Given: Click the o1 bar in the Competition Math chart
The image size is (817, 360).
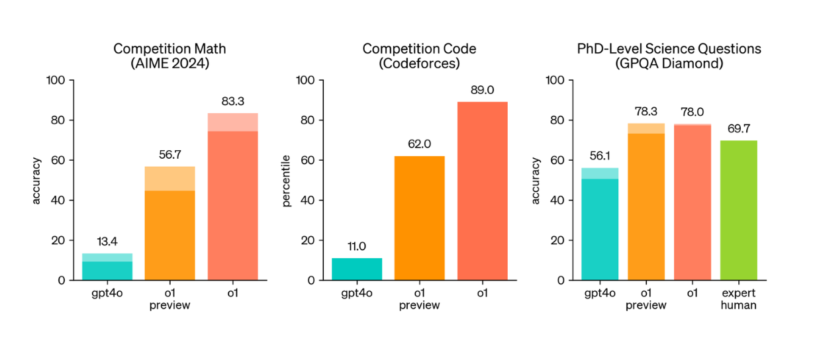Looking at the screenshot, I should tap(232, 199).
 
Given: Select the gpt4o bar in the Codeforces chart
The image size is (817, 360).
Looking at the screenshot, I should tap(357, 269).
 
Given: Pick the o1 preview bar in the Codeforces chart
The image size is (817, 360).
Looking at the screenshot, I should tap(420, 218).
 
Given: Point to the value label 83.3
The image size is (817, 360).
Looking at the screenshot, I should tap(232, 101).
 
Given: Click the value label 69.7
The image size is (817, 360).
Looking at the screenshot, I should tap(738, 129).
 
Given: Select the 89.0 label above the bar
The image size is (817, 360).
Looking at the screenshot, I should tap(483, 90).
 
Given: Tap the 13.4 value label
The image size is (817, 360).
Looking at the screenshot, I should tap(107, 242).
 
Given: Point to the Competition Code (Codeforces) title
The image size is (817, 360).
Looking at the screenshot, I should tap(419, 56).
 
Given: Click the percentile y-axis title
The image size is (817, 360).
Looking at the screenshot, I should tap(287, 180).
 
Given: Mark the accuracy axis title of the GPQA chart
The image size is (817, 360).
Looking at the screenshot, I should tap(536, 180).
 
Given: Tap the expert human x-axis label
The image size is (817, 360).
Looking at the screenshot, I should tap(738, 298).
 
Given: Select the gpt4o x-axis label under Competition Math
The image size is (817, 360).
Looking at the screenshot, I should tap(107, 292).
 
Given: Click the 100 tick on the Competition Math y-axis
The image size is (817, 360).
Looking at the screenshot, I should tap(56, 81).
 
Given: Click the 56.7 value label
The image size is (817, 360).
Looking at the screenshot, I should tap(170, 155).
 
